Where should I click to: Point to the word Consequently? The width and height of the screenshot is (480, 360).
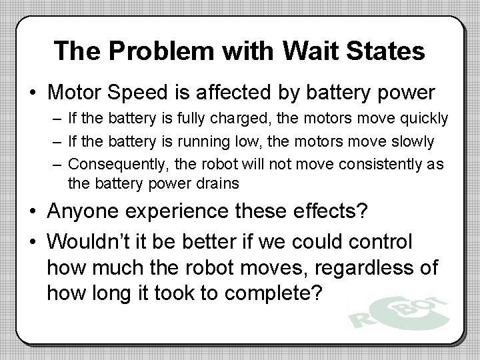[113, 164]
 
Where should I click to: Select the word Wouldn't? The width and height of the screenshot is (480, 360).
[101, 241]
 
